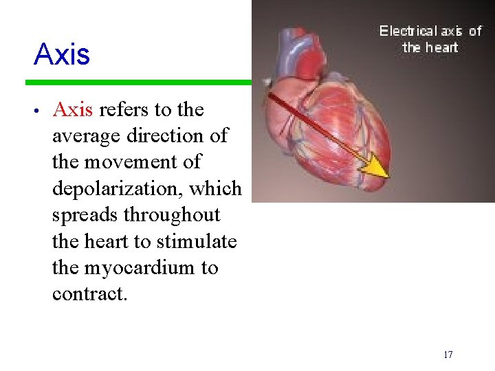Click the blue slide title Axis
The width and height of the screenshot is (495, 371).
coord(61,55)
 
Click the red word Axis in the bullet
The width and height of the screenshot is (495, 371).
coord(76,110)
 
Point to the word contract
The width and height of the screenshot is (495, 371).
coord(89,294)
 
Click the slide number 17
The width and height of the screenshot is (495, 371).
coord(448,355)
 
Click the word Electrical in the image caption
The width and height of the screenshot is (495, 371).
coord(408,31)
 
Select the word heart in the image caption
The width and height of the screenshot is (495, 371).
coord(441,47)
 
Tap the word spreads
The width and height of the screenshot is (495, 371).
coord(85,215)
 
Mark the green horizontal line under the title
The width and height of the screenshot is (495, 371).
coord(137,82)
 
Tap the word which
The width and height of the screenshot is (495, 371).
coord(219,189)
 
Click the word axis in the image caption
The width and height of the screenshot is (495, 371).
coord(451,31)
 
